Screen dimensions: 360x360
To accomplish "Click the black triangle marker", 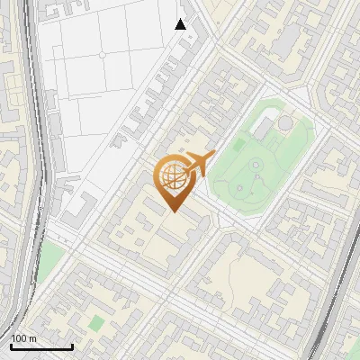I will pyautogui.click(x=181, y=24).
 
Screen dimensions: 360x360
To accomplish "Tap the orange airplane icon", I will pyautogui.click(x=197, y=164).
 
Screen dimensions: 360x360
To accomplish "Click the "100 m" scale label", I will pyautogui.click(x=23, y=338).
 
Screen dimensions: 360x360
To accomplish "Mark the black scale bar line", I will pyautogui.click(x=40, y=346).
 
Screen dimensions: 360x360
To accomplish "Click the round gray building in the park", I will pyautogui.click(x=284, y=121).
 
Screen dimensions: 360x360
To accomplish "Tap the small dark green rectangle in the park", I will pyautogui.click(x=239, y=144).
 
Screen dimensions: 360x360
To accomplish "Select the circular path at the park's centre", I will pyautogui.click(x=256, y=165).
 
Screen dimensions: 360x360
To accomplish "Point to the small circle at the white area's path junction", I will pyautogui.click(x=102, y=55).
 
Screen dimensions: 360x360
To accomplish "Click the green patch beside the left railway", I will pyautogui.click(x=53, y=257).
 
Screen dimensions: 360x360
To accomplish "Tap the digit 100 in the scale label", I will pyautogui.click(x=19, y=338).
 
